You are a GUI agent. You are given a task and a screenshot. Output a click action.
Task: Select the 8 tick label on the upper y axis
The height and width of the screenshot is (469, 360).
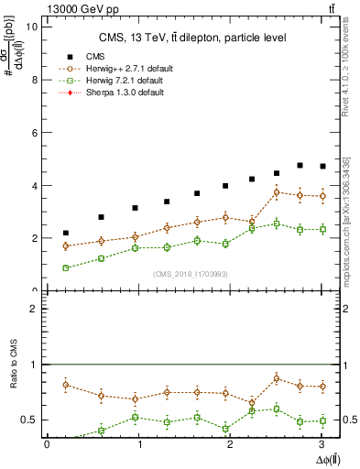point(33,80)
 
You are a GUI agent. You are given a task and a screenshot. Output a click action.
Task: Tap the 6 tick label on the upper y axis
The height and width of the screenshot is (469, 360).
point(33,133)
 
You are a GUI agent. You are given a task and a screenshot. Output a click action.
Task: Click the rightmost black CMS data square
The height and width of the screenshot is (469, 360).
point(322,166)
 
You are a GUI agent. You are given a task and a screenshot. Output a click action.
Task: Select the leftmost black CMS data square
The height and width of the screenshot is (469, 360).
point(65,233)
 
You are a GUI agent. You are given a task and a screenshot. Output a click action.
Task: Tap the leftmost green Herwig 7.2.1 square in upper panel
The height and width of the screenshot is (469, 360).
point(65,267)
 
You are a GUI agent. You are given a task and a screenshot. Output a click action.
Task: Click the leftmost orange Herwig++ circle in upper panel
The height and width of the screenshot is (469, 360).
point(65,245)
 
